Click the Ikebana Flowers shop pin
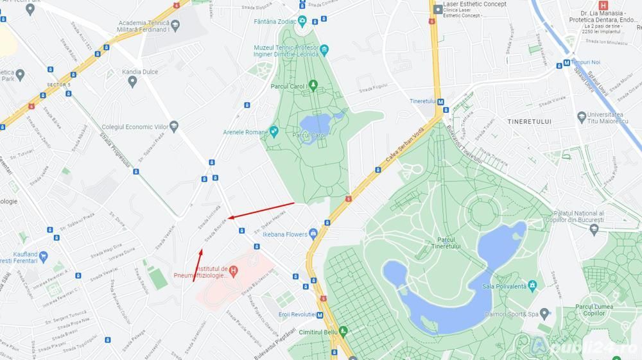point(313,234)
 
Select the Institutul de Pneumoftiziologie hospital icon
point(233,271)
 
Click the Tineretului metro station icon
point(440,101)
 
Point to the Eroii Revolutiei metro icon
point(320,314)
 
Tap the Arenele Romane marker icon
point(274,132)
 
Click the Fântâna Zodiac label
point(275,21)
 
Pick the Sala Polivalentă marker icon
point(532,285)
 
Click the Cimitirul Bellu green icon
point(343,331)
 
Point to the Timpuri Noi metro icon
point(566,63)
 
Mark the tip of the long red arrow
point(228,218)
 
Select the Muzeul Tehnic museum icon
point(324,49)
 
